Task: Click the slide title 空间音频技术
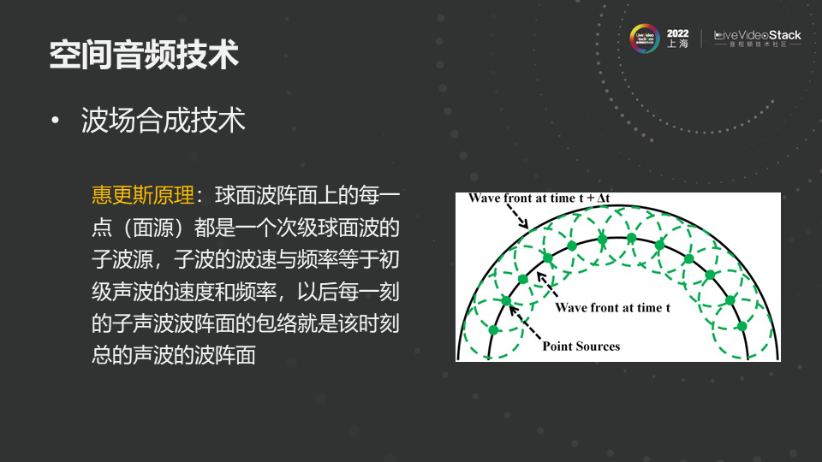click(144, 55)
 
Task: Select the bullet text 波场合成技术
click(163, 121)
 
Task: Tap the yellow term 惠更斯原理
click(143, 195)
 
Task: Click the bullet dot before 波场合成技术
click(56, 121)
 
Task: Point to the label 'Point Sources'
click(581, 346)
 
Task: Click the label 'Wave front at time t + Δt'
click(539, 198)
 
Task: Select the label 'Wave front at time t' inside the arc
click(612, 307)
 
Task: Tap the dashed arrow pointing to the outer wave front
click(516, 216)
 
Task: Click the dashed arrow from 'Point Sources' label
click(525, 323)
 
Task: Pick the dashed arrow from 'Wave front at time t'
click(548, 286)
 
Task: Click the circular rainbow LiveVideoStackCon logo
click(644, 38)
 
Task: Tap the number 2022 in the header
click(677, 33)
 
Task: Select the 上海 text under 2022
click(677, 44)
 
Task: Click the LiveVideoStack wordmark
click(758, 35)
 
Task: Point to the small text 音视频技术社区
click(758, 44)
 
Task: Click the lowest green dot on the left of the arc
click(493, 330)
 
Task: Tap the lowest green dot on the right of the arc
click(742, 326)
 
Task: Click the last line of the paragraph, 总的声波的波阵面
click(174, 355)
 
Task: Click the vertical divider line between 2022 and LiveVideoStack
click(701, 38)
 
